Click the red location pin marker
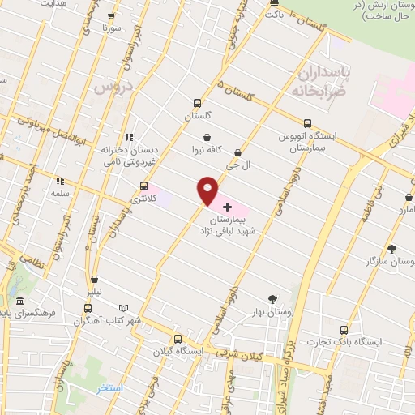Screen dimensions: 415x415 coord(208,190)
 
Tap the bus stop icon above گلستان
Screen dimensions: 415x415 coord(197,103)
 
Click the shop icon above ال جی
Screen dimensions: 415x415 coord(237,152)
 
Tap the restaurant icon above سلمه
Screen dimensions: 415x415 coord(59,181)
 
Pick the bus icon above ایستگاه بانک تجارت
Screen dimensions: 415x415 coord(344,330)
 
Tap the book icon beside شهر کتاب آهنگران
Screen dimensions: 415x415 coord(123,309)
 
